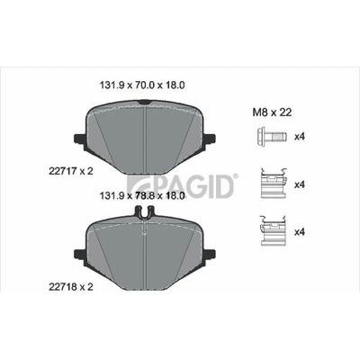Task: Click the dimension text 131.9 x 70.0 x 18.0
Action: tap(142, 85)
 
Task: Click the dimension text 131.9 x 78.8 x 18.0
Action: tap(142, 196)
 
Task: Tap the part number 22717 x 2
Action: tap(71, 171)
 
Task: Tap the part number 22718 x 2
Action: tap(71, 287)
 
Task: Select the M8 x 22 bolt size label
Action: tap(272, 112)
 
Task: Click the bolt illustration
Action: tap(272, 137)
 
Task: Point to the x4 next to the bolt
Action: tap(300, 137)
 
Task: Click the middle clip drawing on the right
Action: tap(273, 183)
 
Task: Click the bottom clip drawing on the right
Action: tap(273, 230)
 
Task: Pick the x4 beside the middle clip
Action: tap(300, 184)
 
